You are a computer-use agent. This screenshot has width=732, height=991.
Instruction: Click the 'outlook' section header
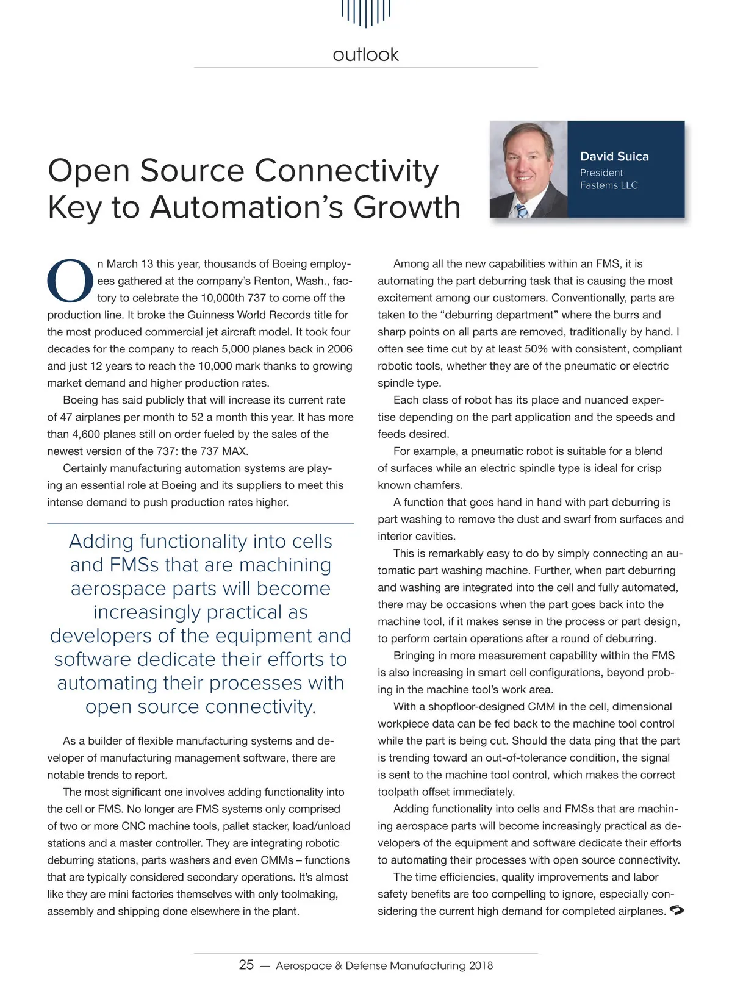click(x=365, y=55)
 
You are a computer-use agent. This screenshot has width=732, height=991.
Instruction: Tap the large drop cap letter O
click(x=70, y=281)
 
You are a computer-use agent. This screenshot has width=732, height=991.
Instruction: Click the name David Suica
click(x=614, y=156)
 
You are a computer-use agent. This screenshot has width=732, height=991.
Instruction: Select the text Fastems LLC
click(x=609, y=185)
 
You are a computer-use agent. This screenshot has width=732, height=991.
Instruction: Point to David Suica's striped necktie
click(x=521, y=210)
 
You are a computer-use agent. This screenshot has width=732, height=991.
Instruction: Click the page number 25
click(x=246, y=965)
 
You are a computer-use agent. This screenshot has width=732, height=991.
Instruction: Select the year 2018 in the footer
click(x=481, y=966)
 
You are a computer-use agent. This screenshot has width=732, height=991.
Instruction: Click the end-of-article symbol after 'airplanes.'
click(x=676, y=911)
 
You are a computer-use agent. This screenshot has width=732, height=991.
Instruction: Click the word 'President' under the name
click(x=601, y=173)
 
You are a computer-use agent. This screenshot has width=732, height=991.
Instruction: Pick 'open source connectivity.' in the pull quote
click(x=201, y=707)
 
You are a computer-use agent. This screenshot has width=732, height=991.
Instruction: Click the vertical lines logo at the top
click(x=365, y=12)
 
